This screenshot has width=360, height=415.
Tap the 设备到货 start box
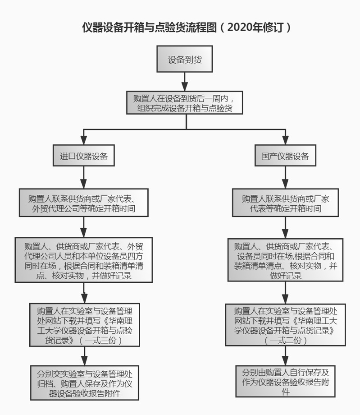pyautogui.click(x=184, y=59)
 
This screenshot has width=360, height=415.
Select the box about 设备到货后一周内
pyautogui.click(x=184, y=103)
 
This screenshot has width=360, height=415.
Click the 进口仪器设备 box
pyautogui.click(x=84, y=157)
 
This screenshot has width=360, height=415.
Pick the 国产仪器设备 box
pyautogui.click(x=285, y=157)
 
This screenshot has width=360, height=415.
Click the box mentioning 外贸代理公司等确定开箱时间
pyautogui.click(x=84, y=203)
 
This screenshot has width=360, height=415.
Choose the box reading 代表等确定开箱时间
pyautogui.click(x=285, y=203)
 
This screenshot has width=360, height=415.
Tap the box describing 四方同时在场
pyautogui.click(x=84, y=260)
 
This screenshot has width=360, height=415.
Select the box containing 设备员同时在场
pyautogui.click(x=285, y=260)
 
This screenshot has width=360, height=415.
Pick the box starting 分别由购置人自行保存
pyautogui.click(x=285, y=381)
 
